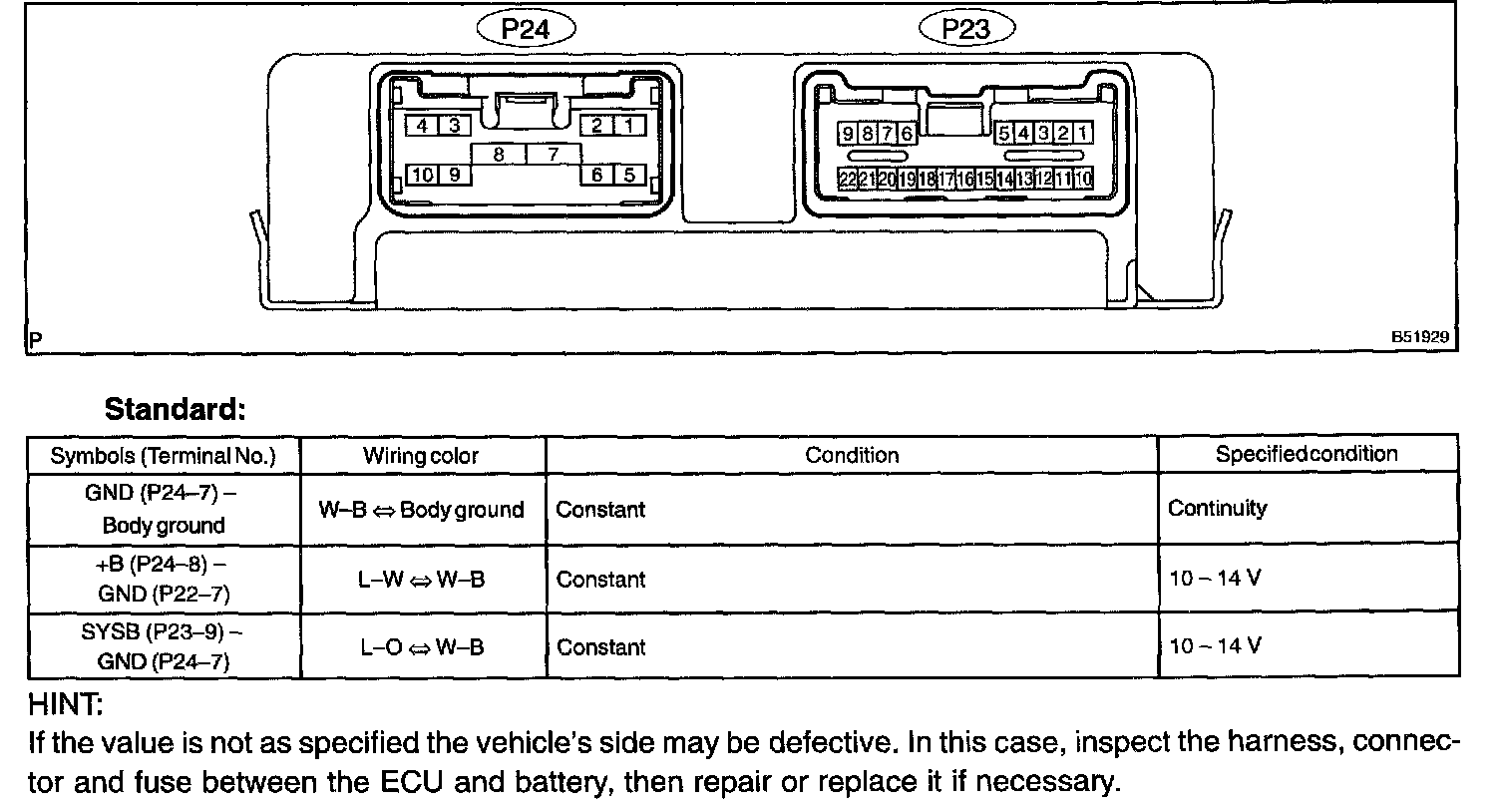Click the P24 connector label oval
click(526, 28)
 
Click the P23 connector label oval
click(965, 28)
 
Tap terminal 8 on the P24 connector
click(497, 155)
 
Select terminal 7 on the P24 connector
click(552, 155)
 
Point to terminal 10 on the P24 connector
click(423, 175)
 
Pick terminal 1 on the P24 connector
click(629, 125)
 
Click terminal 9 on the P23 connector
click(847, 133)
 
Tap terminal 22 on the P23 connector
click(848, 180)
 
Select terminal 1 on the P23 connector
click(1083, 133)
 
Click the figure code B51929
click(1419, 337)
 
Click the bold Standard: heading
click(175, 409)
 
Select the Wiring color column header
click(421, 456)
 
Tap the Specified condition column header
click(1306, 454)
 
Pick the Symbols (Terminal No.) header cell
click(163, 456)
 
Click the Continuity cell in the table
click(1217, 509)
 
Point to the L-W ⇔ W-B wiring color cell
click(421, 579)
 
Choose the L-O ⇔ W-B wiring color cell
click(421, 646)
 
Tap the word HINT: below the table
click(66, 705)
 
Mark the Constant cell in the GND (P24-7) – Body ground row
click(600, 510)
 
